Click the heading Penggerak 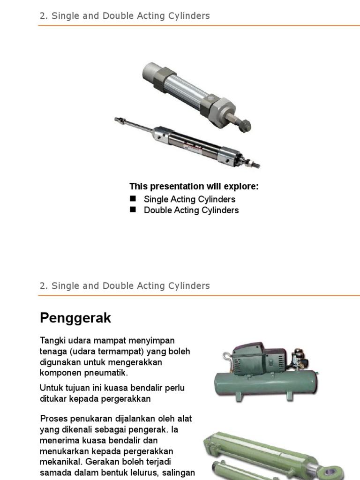[x=75, y=318]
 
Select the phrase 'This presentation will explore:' [x=194, y=187]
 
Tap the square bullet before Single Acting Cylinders [x=133, y=199]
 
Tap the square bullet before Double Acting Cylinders [x=133, y=210]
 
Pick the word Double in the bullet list [x=157, y=210]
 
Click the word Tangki [x=52, y=340]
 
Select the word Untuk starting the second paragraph [x=51, y=388]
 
